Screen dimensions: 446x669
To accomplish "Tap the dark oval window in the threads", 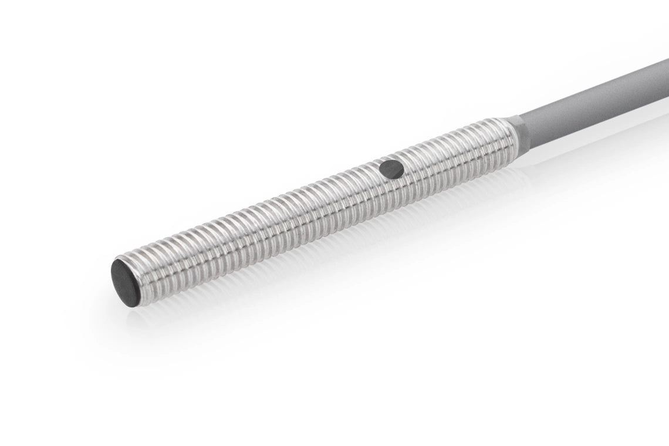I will click(391, 170).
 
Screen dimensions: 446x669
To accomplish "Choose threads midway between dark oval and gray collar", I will click(452, 154).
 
